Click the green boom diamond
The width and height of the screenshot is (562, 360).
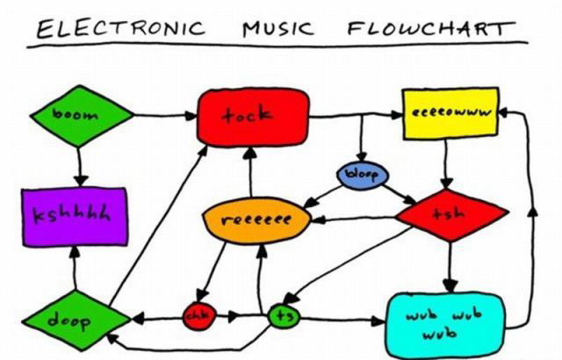click(80, 115)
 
